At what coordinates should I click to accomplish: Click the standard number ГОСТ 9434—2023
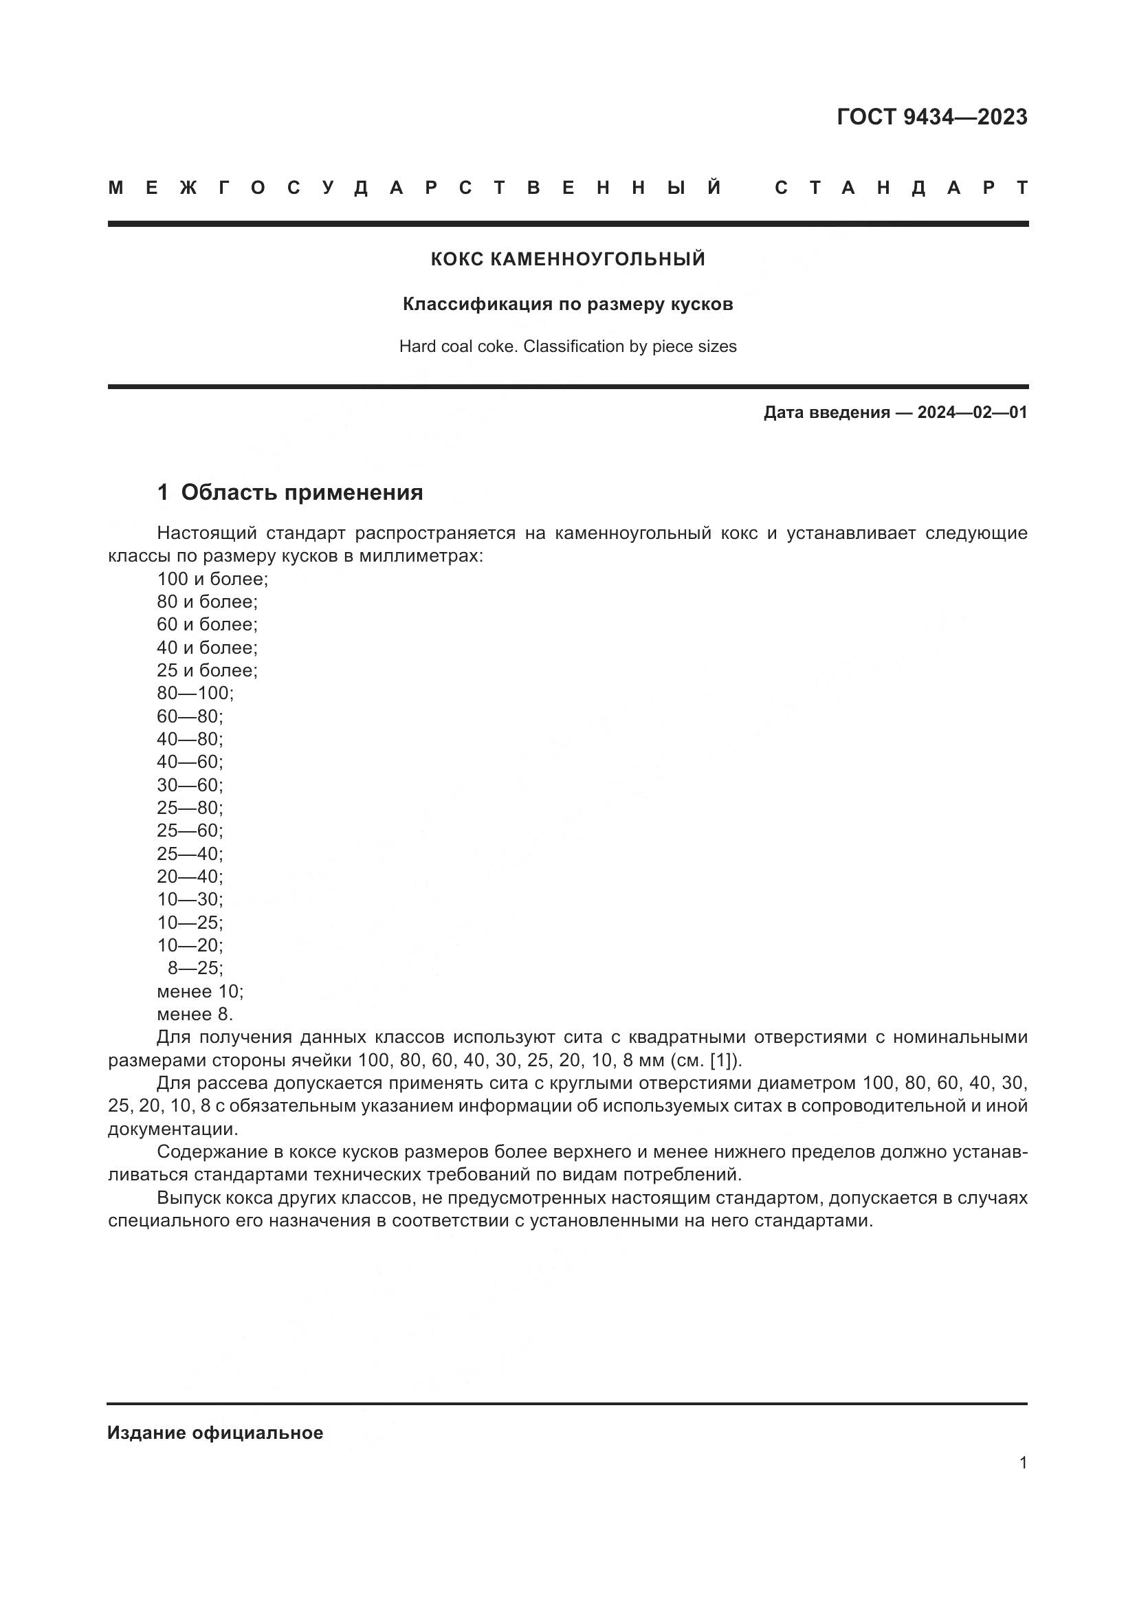pyautogui.click(x=931, y=117)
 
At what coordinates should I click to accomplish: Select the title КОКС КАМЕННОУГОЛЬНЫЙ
pyautogui.click(x=568, y=259)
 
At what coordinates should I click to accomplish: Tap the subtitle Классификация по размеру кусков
pyautogui.click(x=568, y=305)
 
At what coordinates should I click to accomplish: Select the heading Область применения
pyautogui.click(x=302, y=492)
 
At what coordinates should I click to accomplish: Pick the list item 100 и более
pyautogui.click(x=212, y=578)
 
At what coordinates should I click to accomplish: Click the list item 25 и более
pyautogui.click(x=207, y=670)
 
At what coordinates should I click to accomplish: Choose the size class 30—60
pyautogui.click(x=190, y=785)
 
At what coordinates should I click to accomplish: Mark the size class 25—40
pyautogui.click(x=190, y=854)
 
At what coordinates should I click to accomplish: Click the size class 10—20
pyautogui.click(x=190, y=945)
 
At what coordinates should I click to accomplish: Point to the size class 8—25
pyautogui.click(x=195, y=969)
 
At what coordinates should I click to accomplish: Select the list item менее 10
pyautogui.click(x=199, y=992)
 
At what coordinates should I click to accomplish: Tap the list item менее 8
pyautogui.click(x=195, y=1014)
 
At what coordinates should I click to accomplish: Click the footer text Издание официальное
pyautogui.click(x=215, y=1433)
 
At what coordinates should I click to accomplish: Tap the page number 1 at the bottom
pyautogui.click(x=1023, y=1463)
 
